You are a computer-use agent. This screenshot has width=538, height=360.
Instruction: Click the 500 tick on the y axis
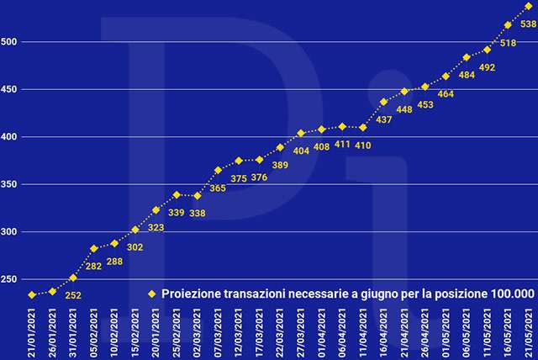coord(10,41)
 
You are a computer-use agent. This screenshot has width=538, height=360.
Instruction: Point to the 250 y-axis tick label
coord(10,279)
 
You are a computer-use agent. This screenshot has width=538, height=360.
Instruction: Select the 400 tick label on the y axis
coord(10,136)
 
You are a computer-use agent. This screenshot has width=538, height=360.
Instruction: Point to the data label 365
coord(217,188)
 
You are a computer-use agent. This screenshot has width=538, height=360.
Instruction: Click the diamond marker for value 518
coord(508,25)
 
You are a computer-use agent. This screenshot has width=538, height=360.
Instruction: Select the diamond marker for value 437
coord(383,102)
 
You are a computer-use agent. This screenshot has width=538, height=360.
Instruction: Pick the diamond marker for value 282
coord(94,248)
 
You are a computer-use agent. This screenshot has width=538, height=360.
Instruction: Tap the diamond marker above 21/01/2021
coord(32,294)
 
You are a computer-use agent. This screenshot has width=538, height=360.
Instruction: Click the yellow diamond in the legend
coord(152,294)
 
